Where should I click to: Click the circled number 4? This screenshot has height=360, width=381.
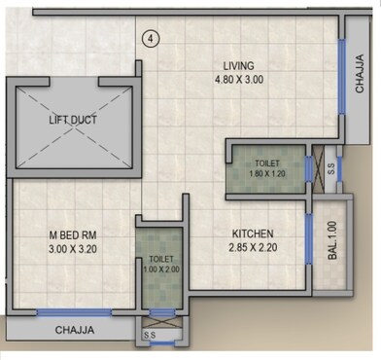coord(149,38)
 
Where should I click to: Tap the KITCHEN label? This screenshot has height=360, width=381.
coord(252,234)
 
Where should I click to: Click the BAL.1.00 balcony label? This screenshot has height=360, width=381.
coord(332,238)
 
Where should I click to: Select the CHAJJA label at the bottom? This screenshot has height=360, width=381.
coord(75,330)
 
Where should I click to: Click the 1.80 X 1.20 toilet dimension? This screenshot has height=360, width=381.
coord(266,171)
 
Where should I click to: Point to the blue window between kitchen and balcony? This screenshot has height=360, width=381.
coord(307,238)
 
